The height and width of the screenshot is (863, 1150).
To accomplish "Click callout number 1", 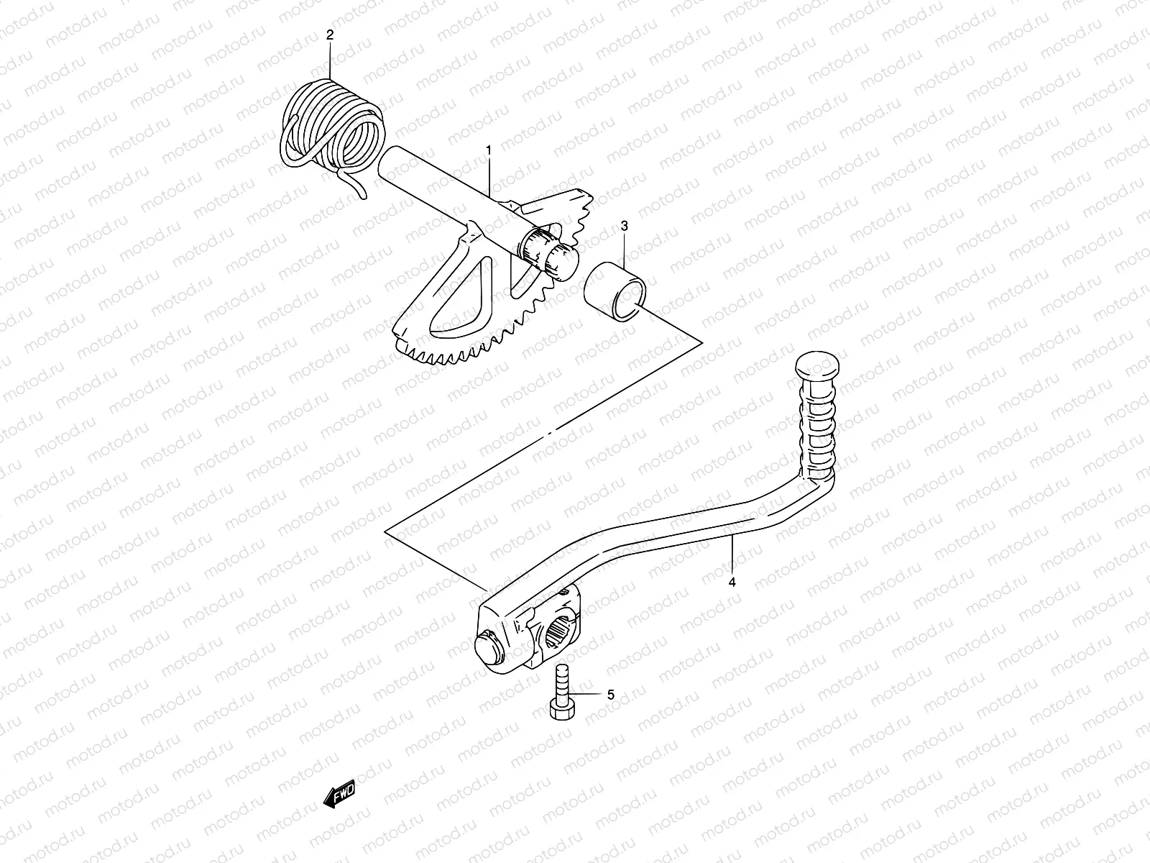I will point(489,150).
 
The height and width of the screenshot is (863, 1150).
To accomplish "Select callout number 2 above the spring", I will point(330,34).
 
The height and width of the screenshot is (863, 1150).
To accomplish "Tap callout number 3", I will point(624,226).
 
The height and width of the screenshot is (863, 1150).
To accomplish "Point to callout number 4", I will point(732,583).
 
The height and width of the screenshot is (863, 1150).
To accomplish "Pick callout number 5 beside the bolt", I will point(610,695).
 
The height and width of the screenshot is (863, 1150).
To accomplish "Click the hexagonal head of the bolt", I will point(561,710).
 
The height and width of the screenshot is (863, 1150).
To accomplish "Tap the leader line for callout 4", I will point(732,554).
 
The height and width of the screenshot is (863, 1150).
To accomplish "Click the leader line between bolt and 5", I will point(585,695).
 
